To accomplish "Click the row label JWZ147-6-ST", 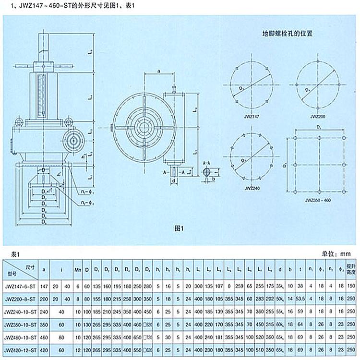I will [21, 286].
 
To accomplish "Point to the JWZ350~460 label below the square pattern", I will [319, 200].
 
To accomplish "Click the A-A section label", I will [207, 164].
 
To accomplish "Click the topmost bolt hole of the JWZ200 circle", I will [318, 64].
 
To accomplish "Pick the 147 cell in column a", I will [45, 286].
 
